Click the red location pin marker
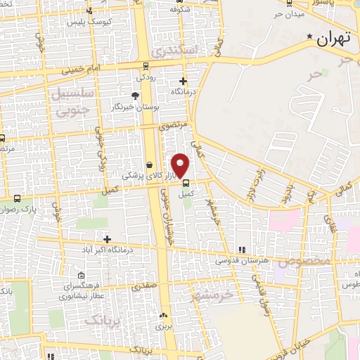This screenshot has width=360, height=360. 181,165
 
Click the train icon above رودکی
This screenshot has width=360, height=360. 146,66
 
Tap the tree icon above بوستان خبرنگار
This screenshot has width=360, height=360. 135,96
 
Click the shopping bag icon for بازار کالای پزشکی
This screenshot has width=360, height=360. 149,165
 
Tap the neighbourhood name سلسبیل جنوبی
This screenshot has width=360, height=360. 70,101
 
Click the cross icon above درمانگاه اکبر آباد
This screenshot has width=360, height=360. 106,239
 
